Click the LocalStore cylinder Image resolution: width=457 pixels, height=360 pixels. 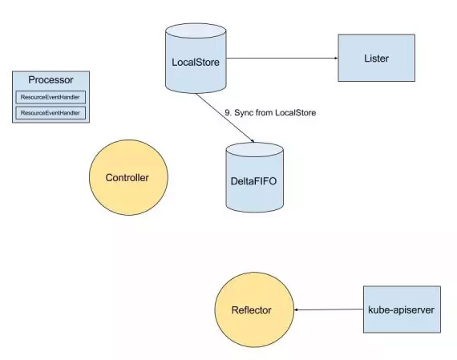(196, 59)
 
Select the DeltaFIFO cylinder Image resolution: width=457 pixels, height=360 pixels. (254, 177)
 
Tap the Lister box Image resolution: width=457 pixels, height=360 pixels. (376, 58)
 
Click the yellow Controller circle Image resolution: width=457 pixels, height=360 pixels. (128, 177)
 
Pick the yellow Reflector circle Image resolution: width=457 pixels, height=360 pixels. (254, 309)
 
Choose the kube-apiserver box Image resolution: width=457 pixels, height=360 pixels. (402, 309)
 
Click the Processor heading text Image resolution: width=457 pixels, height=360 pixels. (51, 80)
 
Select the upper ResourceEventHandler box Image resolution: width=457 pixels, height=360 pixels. (51, 97)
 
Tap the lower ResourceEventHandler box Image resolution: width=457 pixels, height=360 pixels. (51, 113)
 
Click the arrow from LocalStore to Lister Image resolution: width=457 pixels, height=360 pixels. (282, 58)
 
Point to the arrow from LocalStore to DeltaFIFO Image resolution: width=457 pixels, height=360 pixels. (225, 118)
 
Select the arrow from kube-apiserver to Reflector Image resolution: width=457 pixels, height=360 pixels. (329, 309)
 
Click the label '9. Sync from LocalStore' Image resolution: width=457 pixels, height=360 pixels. (270, 113)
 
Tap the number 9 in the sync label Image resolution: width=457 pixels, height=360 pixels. (228, 113)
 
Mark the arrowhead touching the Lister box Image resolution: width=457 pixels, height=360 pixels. (336, 58)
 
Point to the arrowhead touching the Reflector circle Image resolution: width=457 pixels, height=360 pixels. (296, 309)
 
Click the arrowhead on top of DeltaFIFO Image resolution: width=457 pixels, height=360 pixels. (253, 141)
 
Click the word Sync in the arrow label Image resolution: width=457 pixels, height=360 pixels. (244, 113)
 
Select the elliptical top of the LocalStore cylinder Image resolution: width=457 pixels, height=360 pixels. (196, 30)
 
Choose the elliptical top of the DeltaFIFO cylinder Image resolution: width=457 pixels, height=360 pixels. (254, 150)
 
